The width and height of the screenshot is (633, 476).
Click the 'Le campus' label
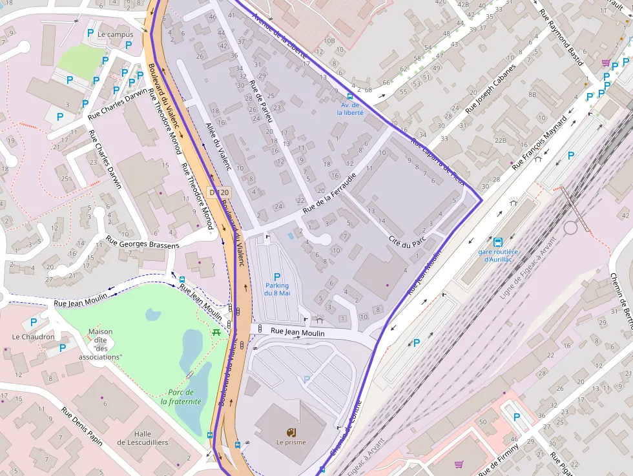116,34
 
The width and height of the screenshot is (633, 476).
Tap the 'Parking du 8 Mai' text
276,289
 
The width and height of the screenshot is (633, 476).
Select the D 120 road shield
219,192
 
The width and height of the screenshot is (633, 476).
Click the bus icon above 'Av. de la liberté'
351,96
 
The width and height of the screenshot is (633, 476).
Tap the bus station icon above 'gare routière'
497,242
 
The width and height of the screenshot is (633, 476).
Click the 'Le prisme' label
291,442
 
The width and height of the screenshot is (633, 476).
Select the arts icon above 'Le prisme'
291,431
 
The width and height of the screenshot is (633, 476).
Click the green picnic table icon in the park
216,331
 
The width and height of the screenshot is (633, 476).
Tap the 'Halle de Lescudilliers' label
143,438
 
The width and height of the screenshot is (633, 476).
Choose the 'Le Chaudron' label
33,336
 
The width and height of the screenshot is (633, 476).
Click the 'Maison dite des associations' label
100,344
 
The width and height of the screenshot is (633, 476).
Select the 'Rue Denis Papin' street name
82,426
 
